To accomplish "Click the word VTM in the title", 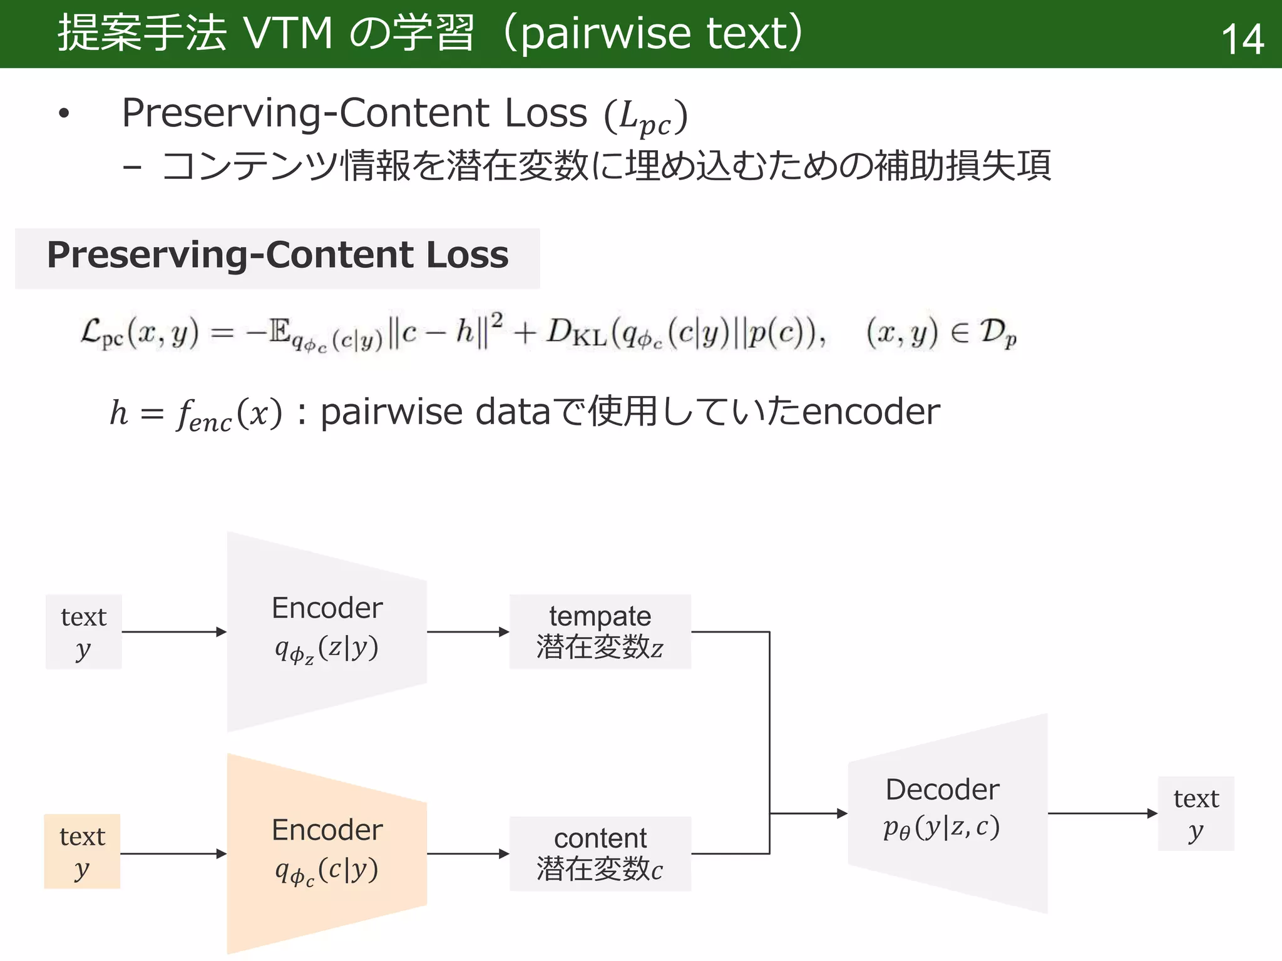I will click(288, 33).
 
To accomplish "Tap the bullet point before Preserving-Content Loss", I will click(64, 114).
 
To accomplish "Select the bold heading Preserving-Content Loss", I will click(277, 255).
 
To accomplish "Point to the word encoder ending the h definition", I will click(871, 412).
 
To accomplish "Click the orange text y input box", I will click(82, 852).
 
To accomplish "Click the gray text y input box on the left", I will click(83, 632).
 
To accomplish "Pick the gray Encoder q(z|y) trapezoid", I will click(327, 631).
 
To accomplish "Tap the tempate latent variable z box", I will click(600, 631).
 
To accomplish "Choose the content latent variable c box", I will click(600, 853).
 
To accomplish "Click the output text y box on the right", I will click(1196, 813).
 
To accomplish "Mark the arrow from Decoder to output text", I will click(1102, 813).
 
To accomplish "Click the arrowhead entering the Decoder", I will click(842, 813).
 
